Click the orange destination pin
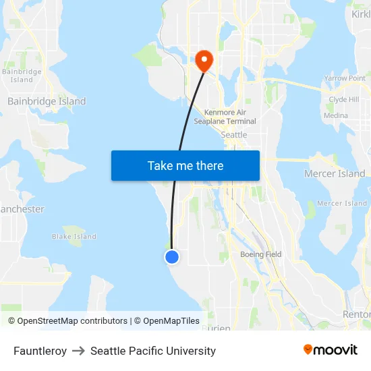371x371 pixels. [203, 61]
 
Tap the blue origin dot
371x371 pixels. [172, 256]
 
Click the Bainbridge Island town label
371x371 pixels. [47, 101]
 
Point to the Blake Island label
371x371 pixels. [74, 237]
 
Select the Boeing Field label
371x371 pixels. [261, 254]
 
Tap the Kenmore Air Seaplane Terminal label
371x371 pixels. [225, 117]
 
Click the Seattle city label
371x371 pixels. [234, 135]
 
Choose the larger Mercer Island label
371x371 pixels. [335, 173]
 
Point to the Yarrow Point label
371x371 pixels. [345, 78]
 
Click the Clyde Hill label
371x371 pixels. [343, 100]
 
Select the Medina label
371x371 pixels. [336, 115]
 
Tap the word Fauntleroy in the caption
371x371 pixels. [40, 351]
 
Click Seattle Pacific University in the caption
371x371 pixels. [153, 351]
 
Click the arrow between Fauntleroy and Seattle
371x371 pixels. [78, 351]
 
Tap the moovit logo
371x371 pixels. [330, 349]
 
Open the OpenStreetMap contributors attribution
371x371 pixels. [72, 321]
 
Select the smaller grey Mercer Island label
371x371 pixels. [342, 203]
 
